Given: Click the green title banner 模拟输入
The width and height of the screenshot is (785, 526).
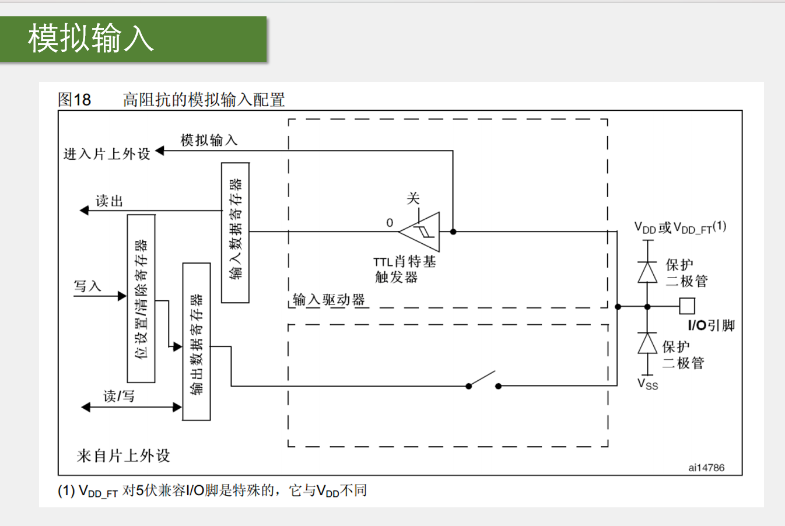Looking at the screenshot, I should (133, 38).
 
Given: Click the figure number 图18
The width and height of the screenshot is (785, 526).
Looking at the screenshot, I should (74, 100).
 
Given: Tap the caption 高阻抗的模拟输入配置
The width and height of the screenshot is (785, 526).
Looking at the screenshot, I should (204, 100).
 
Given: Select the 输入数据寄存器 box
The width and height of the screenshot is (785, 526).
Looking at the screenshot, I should (235, 232).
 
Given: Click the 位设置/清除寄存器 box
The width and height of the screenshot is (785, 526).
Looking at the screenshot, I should (141, 298).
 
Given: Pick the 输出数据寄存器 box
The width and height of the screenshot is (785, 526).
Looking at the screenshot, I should (197, 341).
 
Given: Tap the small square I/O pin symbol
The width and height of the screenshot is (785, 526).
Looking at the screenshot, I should (687, 306).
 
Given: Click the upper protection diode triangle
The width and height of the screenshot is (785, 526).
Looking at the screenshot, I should (647, 272).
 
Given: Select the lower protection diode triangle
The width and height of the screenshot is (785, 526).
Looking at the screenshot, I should (647, 343).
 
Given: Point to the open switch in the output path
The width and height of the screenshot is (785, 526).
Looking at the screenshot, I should (483, 381).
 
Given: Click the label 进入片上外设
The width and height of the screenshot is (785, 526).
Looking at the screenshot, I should (107, 154).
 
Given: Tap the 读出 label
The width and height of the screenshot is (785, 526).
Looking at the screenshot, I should (109, 201).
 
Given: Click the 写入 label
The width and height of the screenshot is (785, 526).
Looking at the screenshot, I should (87, 286).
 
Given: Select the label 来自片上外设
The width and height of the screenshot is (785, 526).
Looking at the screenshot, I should (123, 455).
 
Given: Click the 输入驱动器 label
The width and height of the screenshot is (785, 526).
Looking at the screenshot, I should (329, 300).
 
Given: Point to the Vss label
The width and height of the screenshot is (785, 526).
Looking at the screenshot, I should (647, 384).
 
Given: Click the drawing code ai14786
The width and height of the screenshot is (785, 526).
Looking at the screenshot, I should (706, 468).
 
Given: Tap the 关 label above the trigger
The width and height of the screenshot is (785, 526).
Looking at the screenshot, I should (413, 198).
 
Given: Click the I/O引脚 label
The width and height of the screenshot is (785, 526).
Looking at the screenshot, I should (711, 325).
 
